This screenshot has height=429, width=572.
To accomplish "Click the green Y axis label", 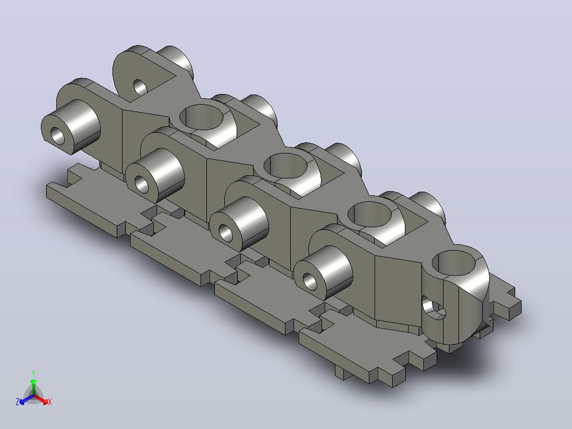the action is click(33, 373).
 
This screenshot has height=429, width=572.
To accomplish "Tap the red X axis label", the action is click(50, 402).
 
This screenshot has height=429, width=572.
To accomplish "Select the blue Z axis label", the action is click(17, 401).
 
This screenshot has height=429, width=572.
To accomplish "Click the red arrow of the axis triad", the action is click(41, 399).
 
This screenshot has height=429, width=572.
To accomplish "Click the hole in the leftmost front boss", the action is click(57, 136).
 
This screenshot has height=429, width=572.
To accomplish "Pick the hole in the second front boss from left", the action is click(142, 184).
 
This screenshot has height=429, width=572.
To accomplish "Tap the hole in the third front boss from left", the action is click(226, 233).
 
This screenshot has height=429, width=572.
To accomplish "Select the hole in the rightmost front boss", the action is click(310, 281).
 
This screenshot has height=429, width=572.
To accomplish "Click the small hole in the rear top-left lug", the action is click(140, 88).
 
